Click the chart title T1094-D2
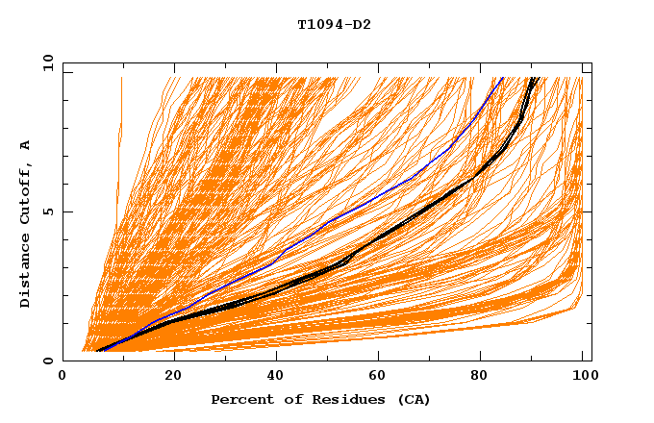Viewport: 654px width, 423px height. pyautogui.click(x=334, y=24)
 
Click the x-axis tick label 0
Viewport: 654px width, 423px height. pyautogui.click(x=63, y=377)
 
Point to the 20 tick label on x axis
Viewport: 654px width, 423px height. pyautogui.click(x=167, y=377)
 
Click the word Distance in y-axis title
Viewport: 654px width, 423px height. pyautogui.click(x=25, y=273)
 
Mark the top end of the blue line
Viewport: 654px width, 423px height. pyautogui.click(x=502, y=78)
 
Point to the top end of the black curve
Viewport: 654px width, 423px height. pyautogui.click(x=534, y=78)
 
